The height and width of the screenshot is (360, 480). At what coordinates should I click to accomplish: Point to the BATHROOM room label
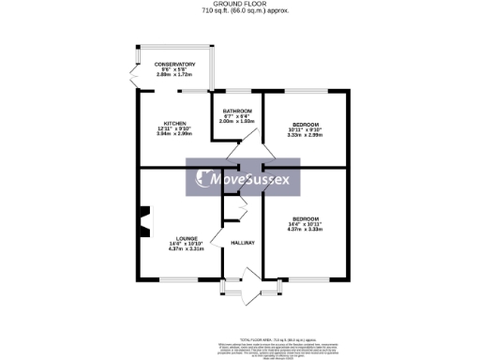tap(236, 111)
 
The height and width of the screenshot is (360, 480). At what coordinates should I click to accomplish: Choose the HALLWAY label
tap(244, 243)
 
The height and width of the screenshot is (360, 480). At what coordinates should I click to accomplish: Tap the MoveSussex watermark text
tap(250, 179)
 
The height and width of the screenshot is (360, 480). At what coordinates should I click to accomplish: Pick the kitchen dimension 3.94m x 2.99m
tap(175, 134)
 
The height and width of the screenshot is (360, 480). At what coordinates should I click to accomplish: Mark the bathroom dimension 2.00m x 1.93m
tap(236, 121)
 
